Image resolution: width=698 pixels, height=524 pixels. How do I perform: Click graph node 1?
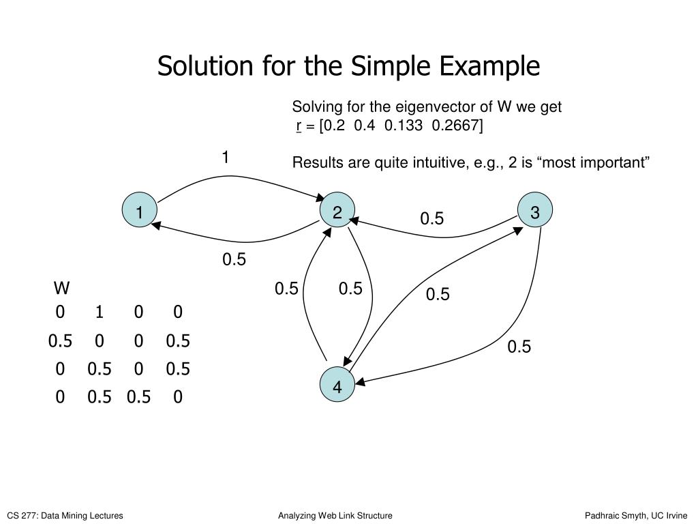pos(139,213)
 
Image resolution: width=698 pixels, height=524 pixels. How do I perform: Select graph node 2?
pos(337,213)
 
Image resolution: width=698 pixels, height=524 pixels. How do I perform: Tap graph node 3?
pos(534,213)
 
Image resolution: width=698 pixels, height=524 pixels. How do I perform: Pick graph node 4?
pos(337,387)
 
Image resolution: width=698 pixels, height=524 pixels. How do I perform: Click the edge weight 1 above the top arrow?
pos(225,158)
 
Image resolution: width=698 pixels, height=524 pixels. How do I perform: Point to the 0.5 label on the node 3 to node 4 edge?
pos(519,347)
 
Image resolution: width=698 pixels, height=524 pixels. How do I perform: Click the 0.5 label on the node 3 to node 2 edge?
pos(431,218)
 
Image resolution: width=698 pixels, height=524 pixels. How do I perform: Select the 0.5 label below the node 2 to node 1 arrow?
pos(234,260)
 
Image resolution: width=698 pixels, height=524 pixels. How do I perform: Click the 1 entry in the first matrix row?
pos(100,312)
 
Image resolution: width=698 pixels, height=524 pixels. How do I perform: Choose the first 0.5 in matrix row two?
pos(60,340)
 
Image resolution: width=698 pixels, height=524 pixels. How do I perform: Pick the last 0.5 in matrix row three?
pos(178,369)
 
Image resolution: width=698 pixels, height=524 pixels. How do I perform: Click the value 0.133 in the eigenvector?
pos(399,126)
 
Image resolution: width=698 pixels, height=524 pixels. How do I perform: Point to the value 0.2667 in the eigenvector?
pos(457,126)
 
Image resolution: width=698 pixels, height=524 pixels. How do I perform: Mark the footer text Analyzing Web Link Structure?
pos(335,516)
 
